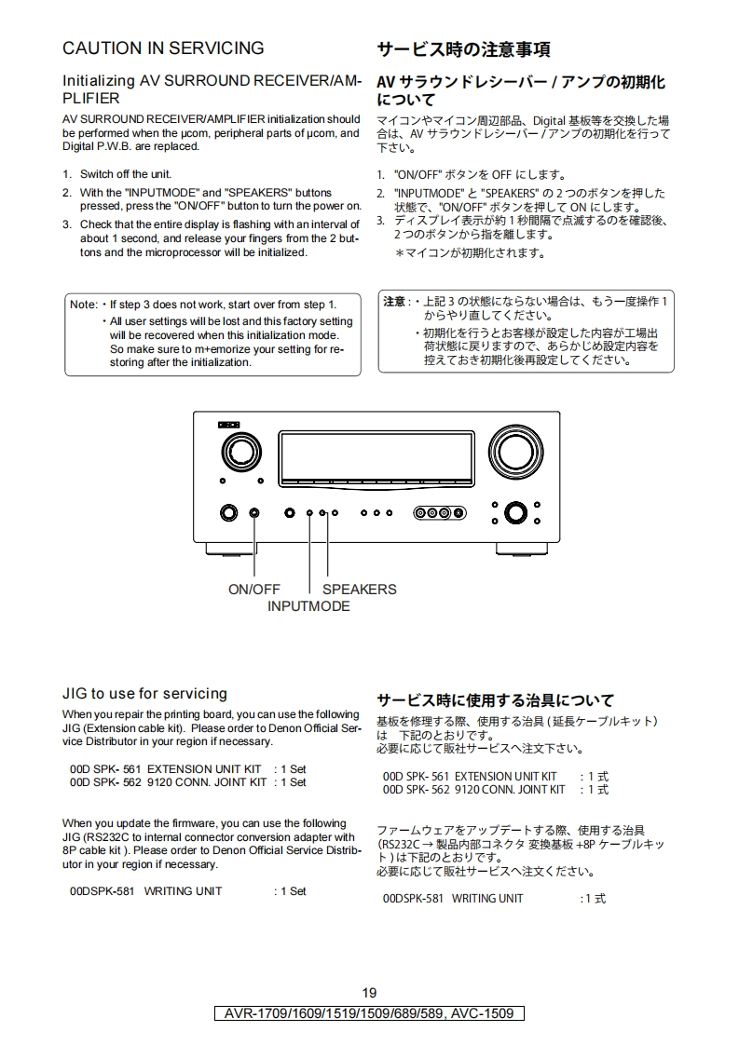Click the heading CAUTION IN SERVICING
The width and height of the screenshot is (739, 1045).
163,48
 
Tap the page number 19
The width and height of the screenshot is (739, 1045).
369,993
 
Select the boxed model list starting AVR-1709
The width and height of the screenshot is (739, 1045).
369,1013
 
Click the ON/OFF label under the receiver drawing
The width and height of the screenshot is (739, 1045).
254,590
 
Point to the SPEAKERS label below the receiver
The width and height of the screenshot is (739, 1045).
360,590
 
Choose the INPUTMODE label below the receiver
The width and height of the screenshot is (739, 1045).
308,606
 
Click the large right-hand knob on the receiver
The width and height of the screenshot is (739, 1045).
515,452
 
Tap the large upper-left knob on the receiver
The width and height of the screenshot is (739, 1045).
240,453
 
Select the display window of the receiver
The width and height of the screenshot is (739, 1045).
376,459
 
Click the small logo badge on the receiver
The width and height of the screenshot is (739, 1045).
228,425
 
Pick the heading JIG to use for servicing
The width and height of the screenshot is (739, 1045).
144,694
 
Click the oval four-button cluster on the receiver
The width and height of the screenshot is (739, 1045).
440,512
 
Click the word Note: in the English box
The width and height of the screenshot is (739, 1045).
84,305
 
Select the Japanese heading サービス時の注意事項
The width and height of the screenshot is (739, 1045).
463,49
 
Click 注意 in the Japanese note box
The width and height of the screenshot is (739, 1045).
394,302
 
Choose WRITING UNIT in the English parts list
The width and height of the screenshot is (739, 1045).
183,891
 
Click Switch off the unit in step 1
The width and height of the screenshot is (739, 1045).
126,174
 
